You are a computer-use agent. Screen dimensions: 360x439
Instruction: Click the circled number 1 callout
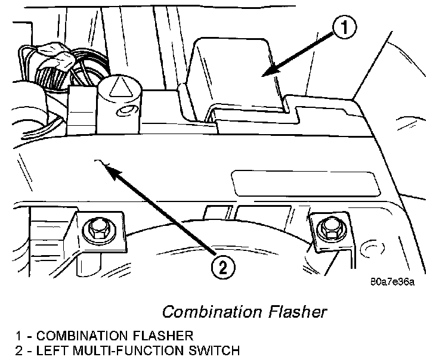[x=344, y=27]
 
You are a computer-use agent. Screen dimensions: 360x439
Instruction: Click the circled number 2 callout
[x=221, y=268]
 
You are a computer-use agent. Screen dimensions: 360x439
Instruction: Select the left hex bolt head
[x=96, y=227]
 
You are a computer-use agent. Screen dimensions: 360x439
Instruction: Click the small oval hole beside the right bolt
[x=373, y=246]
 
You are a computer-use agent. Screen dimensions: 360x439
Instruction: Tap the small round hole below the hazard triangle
[x=125, y=111]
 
